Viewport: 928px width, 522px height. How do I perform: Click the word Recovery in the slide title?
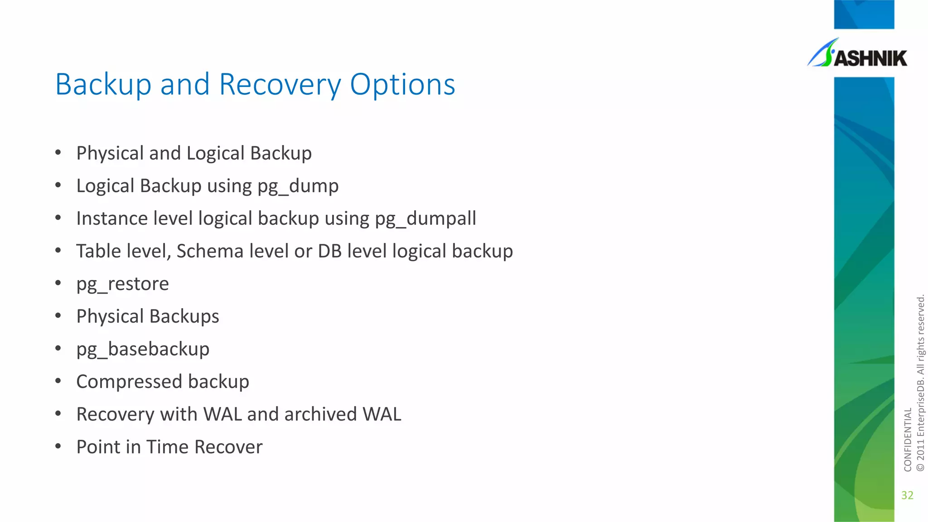280,85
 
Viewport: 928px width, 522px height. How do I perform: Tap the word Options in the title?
402,85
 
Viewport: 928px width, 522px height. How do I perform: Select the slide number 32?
907,495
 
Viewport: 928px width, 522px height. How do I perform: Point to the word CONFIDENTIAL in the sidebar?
908,440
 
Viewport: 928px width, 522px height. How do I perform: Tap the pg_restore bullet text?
122,284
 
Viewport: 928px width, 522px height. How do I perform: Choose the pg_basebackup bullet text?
143,349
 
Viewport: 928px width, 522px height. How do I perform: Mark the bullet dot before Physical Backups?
58,316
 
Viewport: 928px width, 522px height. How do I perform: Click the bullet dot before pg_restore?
58,283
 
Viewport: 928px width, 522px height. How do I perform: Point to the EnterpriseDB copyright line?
920,383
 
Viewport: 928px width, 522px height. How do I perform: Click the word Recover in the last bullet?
228,447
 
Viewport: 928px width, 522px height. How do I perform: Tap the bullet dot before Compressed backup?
58,381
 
